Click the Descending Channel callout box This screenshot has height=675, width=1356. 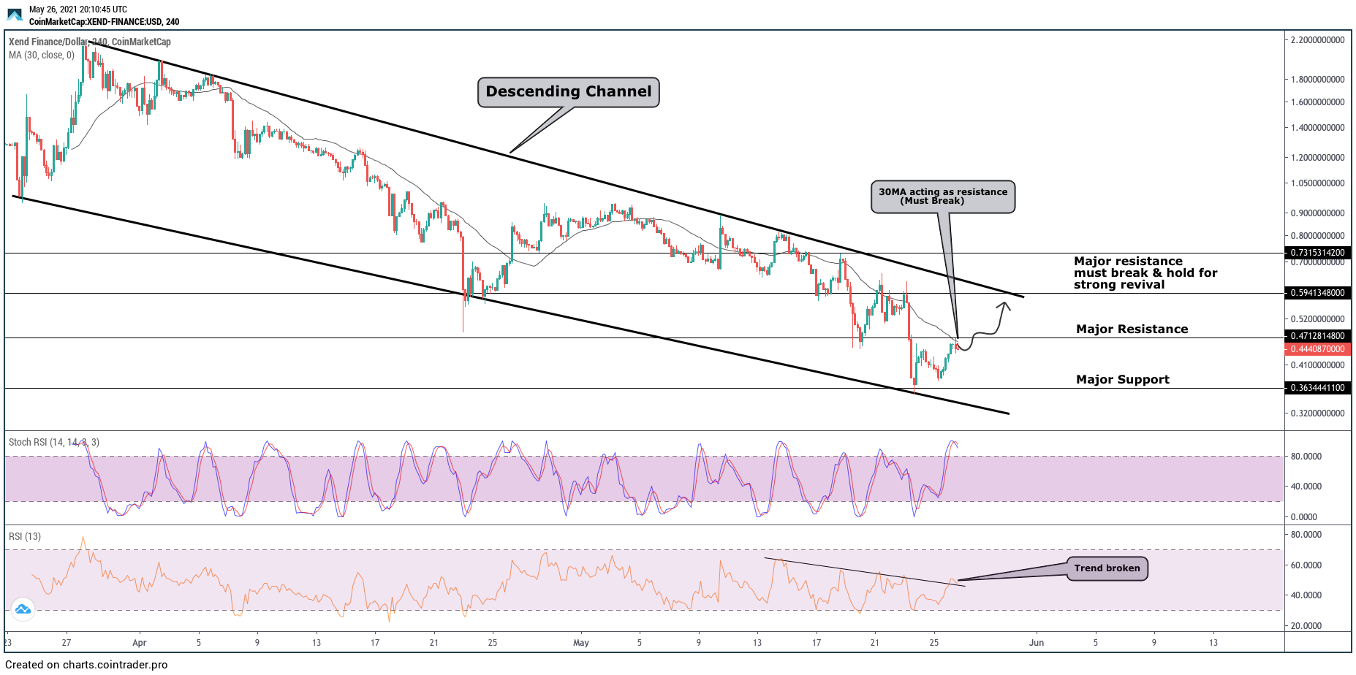point(568,92)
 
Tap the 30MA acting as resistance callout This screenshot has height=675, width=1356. point(942,197)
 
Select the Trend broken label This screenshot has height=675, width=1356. point(1107,568)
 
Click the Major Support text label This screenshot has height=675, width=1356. point(1122,379)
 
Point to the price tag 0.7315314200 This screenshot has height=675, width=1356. point(1317,253)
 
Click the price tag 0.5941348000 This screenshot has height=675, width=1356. point(1317,293)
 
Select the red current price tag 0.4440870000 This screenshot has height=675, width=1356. point(1317,349)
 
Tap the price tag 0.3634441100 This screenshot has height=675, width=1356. point(1317,388)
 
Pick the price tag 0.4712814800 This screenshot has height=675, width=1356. point(1317,336)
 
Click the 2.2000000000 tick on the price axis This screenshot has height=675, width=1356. point(1317,40)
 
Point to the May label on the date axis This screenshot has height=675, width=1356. point(581,643)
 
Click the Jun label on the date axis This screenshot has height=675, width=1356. point(1036,643)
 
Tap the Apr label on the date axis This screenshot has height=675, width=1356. point(140,643)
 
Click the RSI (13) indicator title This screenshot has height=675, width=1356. point(25,536)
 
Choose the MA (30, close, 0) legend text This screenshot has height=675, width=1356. point(42,55)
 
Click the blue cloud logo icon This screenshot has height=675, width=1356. point(23,609)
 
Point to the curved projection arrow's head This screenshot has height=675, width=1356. point(1007,305)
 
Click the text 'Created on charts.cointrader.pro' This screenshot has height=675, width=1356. point(86,665)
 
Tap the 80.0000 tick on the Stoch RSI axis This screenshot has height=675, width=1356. point(1306,457)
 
